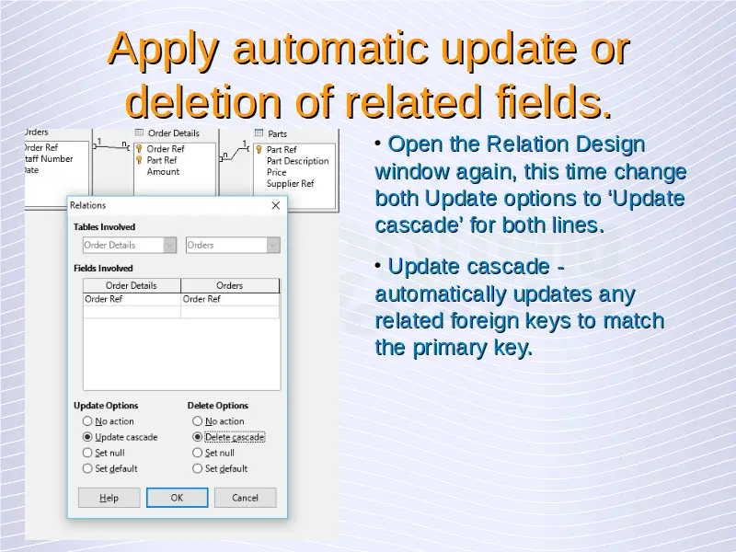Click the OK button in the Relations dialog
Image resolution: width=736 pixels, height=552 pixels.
(177, 498)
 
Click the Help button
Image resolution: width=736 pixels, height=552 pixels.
(109, 498)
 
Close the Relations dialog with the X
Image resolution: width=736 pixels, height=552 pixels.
(276, 205)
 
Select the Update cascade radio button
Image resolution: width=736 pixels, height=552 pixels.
(87, 437)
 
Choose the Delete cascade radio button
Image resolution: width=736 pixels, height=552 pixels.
(197, 437)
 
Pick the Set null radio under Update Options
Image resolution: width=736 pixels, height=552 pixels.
(87, 453)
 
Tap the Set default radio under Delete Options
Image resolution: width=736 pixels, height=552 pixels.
(197, 468)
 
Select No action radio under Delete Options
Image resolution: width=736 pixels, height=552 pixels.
(197, 421)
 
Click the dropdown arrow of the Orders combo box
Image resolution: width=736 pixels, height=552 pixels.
(273, 245)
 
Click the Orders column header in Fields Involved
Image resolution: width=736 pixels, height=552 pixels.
(229, 285)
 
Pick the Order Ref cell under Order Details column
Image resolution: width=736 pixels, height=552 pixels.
(132, 299)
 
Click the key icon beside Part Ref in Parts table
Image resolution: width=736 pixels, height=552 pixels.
(259, 150)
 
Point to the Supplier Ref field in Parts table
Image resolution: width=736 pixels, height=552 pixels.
(290, 183)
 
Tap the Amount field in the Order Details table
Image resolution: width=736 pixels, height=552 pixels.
(163, 172)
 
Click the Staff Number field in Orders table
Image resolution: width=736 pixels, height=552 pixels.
(49, 159)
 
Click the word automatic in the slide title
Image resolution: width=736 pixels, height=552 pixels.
(330, 48)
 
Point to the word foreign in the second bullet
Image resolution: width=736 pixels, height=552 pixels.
(510, 321)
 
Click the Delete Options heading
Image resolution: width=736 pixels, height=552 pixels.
(218, 406)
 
